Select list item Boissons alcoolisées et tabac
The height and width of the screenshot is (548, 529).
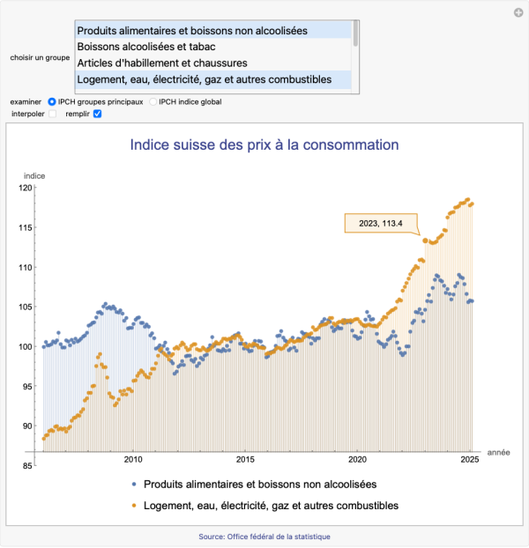146,47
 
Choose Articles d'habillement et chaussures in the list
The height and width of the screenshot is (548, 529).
161,63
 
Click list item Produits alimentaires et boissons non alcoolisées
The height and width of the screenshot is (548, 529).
192,30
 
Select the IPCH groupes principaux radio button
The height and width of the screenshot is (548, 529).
52,101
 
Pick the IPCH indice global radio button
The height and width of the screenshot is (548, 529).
153,101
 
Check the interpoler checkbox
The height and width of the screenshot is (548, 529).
52,114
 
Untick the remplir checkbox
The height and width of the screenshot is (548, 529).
98,114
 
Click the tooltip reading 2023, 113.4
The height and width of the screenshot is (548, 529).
381,223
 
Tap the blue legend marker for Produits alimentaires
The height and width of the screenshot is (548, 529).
132,485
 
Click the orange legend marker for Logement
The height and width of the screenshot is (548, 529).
132,506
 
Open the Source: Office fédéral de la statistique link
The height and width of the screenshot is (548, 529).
264,537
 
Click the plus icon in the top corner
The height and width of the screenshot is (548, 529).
518,12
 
